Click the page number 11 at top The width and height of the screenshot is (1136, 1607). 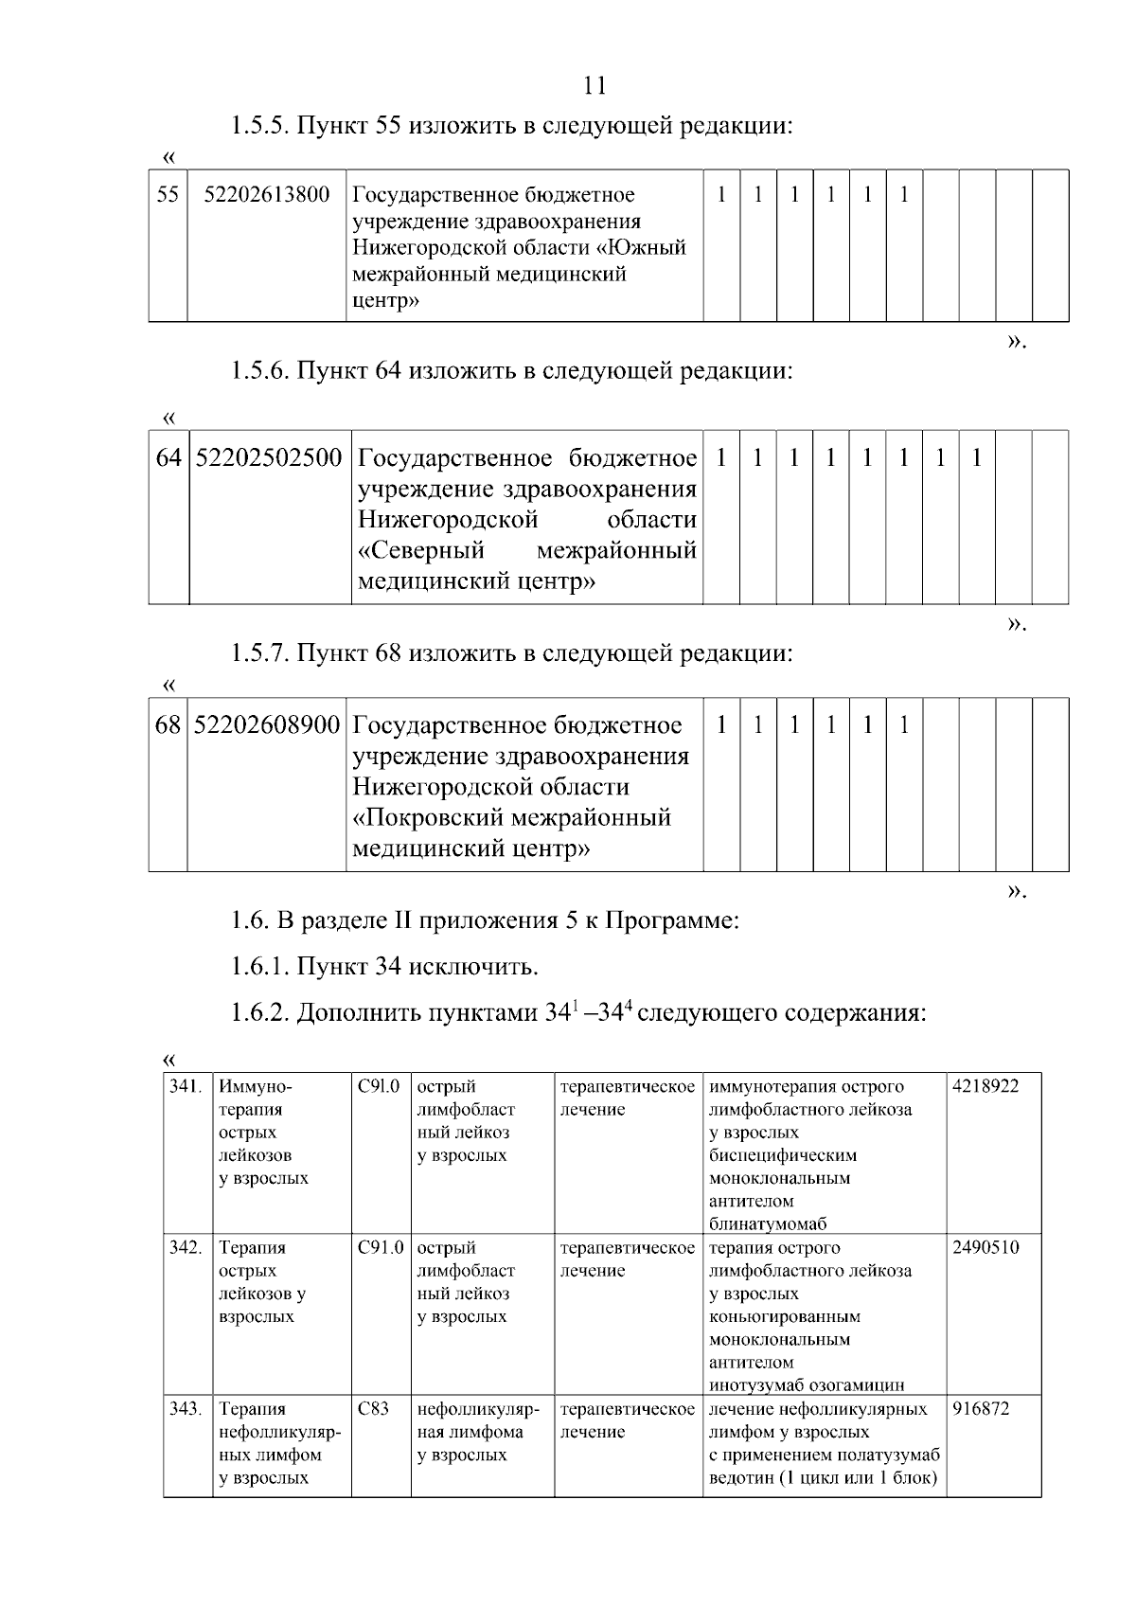click(x=595, y=86)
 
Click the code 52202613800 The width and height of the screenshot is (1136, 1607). click(x=267, y=195)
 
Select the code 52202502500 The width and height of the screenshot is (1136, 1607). click(x=269, y=458)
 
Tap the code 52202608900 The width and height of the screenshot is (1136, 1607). click(x=267, y=725)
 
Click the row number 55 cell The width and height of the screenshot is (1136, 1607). click(x=168, y=195)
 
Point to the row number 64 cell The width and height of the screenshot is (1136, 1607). click(x=169, y=458)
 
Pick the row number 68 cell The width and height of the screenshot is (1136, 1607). click(x=168, y=725)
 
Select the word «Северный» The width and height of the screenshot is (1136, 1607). click(x=421, y=550)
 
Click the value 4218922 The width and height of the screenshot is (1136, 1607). click(x=985, y=1086)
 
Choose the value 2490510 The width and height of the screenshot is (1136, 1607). click(x=985, y=1247)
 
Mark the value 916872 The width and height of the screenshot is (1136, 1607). click(x=981, y=1408)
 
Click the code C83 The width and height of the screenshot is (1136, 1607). click(x=373, y=1408)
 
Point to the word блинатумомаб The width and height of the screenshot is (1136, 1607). click(x=768, y=1224)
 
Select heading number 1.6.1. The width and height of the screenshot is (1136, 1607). click(x=260, y=967)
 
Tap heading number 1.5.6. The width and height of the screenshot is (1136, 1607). click(x=260, y=370)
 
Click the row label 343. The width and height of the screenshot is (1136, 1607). click(x=186, y=1408)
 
